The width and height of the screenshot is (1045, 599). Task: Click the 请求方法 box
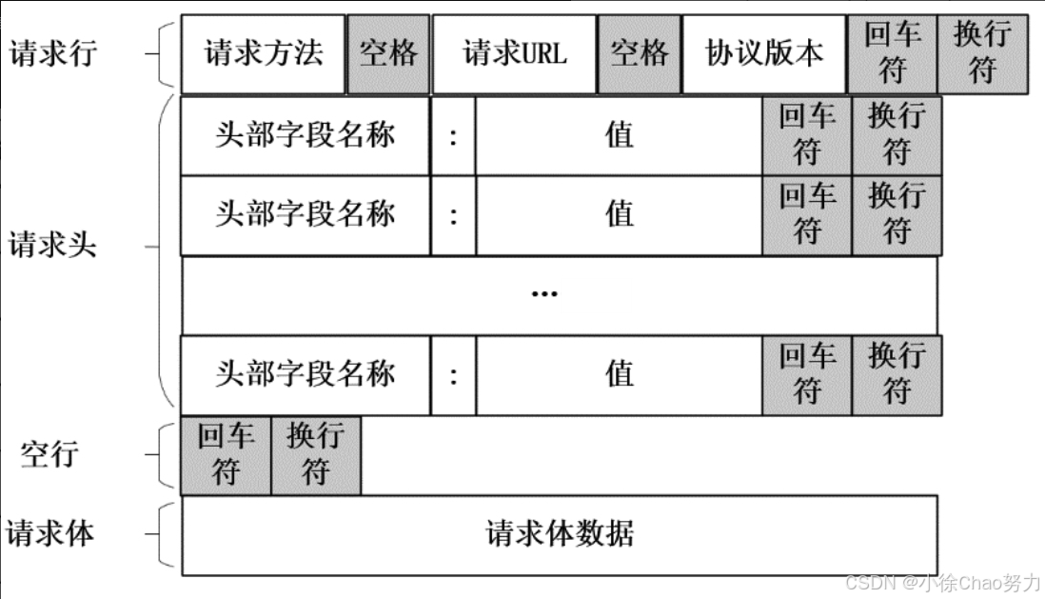(263, 53)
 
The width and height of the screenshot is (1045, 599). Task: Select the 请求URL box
(515, 53)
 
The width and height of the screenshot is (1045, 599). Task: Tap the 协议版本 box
(764, 53)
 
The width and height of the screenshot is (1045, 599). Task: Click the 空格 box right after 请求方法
(388, 53)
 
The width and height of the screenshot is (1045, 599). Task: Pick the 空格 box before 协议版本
(640, 53)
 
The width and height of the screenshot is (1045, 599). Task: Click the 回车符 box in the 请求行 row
(893, 53)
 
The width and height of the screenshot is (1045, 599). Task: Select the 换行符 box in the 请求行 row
(982, 53)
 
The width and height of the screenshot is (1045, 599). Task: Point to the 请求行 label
(52, 53)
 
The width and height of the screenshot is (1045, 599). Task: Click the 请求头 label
(52, 246)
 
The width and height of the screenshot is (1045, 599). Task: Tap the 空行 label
(49, 453)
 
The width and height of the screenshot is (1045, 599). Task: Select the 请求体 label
(50, 533)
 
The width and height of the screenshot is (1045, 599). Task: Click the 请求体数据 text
(560, 533)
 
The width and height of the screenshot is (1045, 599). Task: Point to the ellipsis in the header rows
(544, 294)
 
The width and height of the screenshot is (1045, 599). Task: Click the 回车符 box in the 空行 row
(226, 455)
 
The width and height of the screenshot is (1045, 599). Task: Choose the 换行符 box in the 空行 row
(316, 455)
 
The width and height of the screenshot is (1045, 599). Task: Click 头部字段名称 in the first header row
(305, 134)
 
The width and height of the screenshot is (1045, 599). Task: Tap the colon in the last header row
(453, 375)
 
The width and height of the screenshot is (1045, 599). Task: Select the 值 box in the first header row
(619, 134)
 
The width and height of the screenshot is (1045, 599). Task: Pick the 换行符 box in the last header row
(897, 375)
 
